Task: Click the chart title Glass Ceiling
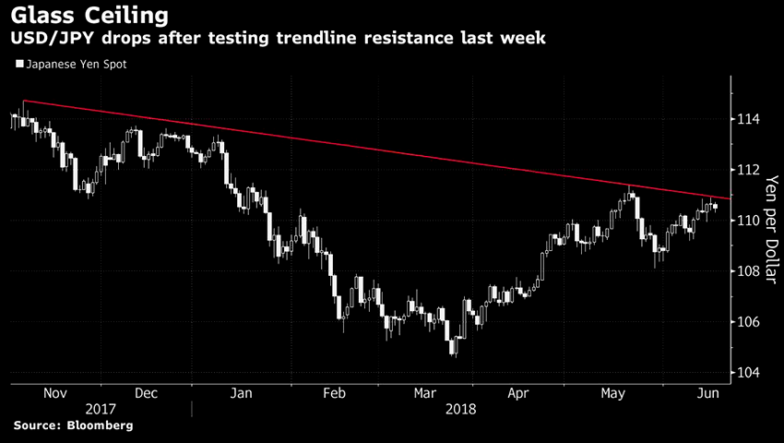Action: tap(89, 16)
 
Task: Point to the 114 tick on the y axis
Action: tap(748, 119)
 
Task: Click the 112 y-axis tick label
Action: tap(748, 170)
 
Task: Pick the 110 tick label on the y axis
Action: tap(748, 221)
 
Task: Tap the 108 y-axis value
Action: tap(748, 271)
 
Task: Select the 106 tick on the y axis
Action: tap(748, 322)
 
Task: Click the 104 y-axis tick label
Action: tap(748, 373)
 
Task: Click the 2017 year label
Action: tap(102, 407)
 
